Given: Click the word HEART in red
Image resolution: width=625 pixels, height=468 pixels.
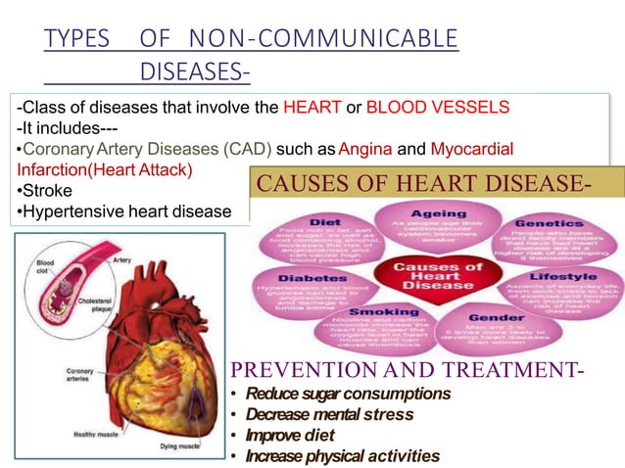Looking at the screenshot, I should (307, 107).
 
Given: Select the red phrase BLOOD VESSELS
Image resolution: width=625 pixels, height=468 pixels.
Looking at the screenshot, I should (437, 107).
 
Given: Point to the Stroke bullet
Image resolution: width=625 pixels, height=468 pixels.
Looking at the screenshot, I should (41, 190).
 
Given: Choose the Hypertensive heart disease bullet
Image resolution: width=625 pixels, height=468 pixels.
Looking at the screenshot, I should (123, 211).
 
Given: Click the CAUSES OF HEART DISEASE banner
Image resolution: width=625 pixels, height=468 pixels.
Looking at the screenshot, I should (435, 182).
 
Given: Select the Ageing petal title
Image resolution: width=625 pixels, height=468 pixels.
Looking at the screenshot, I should (438, 213).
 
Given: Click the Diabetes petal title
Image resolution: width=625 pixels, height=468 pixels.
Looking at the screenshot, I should (306, 277).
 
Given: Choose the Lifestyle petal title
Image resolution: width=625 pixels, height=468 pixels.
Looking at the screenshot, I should (559, 278).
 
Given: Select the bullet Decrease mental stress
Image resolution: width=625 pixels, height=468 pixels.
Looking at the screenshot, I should (315, 414).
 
